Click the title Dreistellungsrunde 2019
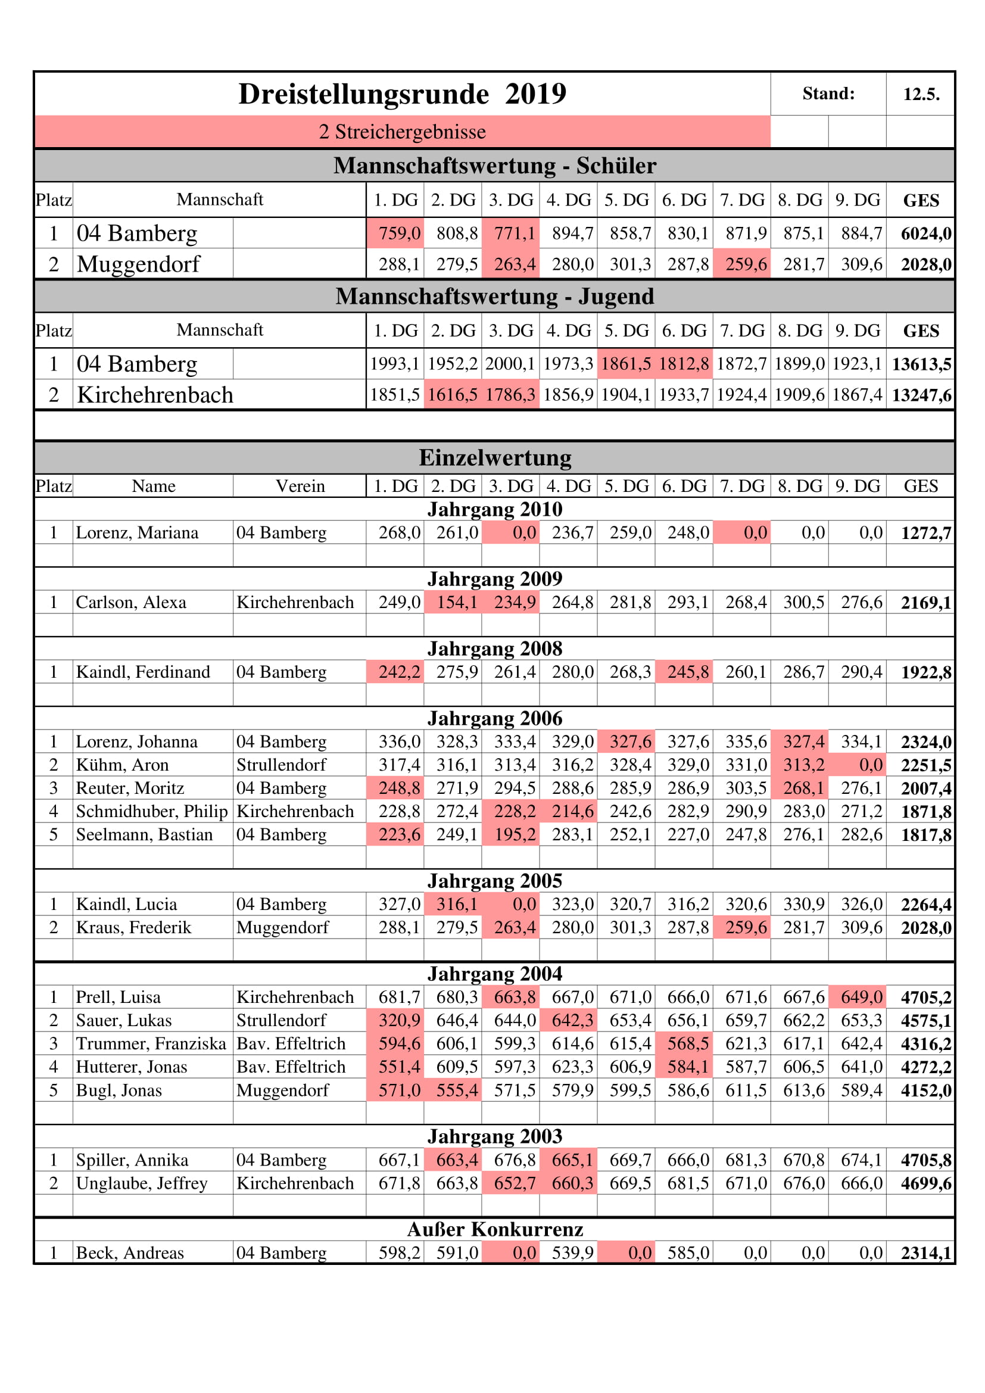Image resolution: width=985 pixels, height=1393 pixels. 402,94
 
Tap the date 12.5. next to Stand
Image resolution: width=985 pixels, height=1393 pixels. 921,94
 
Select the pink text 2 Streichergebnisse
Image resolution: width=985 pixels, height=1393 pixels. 402,132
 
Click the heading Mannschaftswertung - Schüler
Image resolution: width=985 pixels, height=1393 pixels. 494,166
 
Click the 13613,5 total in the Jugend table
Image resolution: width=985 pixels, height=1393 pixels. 921,364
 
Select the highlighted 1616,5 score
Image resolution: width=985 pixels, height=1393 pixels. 453,395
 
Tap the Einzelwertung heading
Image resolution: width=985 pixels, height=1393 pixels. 494,457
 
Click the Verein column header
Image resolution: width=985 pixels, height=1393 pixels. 300,486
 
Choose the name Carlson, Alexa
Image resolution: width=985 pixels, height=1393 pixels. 131,602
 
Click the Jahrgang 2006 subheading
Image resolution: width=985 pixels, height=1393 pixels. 494,718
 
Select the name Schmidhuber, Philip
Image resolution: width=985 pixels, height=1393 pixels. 152,811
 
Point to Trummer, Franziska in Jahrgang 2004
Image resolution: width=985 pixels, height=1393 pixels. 151,1043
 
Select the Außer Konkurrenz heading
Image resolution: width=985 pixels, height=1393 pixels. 494,1229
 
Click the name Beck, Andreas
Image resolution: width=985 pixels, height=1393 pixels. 130,1253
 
